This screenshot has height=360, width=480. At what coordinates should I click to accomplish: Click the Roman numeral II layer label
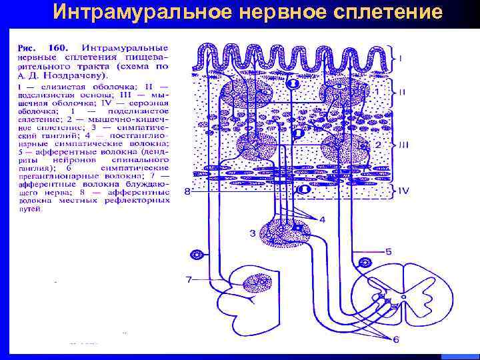tap(402, 93)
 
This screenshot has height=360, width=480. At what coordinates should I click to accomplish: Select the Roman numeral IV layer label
tap(403, 190)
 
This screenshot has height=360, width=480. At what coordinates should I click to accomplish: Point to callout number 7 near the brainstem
tap(189, 279)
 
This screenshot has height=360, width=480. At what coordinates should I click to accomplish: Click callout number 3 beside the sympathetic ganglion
tap(253, 232)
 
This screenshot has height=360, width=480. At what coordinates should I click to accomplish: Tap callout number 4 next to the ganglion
tap(322, 220)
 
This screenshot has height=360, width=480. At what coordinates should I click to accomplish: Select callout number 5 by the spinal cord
tap(389, 252)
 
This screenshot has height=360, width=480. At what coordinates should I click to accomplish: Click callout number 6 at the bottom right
tap(395, 340)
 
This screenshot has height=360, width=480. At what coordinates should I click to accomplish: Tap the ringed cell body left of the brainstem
tap(196, 255)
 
